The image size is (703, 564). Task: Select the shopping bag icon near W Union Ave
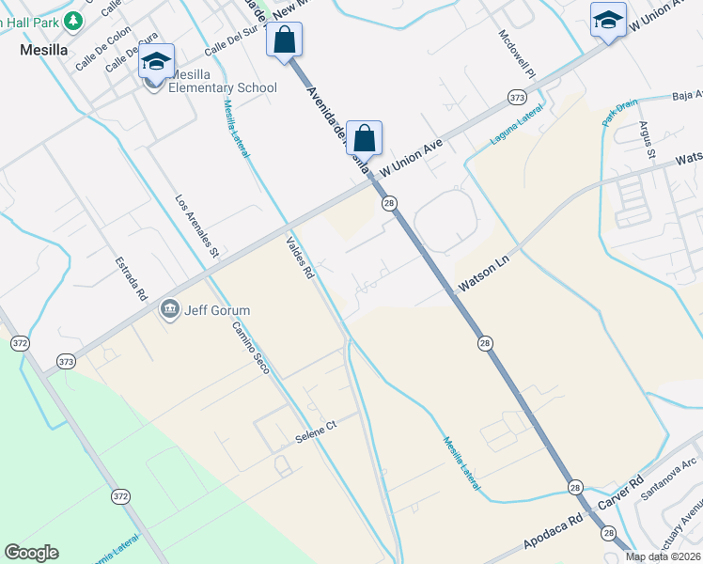(x=364, y=138)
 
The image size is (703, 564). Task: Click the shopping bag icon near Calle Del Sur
(x=284, y=40)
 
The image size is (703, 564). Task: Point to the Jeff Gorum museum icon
(x=170, y=309)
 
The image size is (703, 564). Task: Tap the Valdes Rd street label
(x=300, y=258)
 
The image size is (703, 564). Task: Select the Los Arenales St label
(x=197, y=227)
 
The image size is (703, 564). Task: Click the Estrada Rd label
(x=132, y=278)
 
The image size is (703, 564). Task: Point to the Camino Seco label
(x=252, y=347)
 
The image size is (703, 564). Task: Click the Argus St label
(x=647, y=138)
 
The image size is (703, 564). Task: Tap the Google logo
(x=31, y=553)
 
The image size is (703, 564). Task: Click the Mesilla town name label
(x=41, y=53)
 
